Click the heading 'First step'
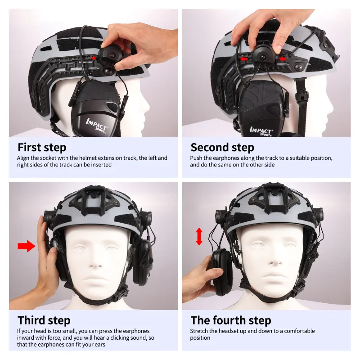[42, 148]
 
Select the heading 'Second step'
[222, 148]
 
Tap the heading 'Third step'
[44, 320]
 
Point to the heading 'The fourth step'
[231, 320]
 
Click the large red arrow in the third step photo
[26, 246]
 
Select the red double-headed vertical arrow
[199, 236]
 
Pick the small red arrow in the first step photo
[94, 58]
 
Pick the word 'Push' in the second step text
[197, 158]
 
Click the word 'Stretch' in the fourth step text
[200, 331]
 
